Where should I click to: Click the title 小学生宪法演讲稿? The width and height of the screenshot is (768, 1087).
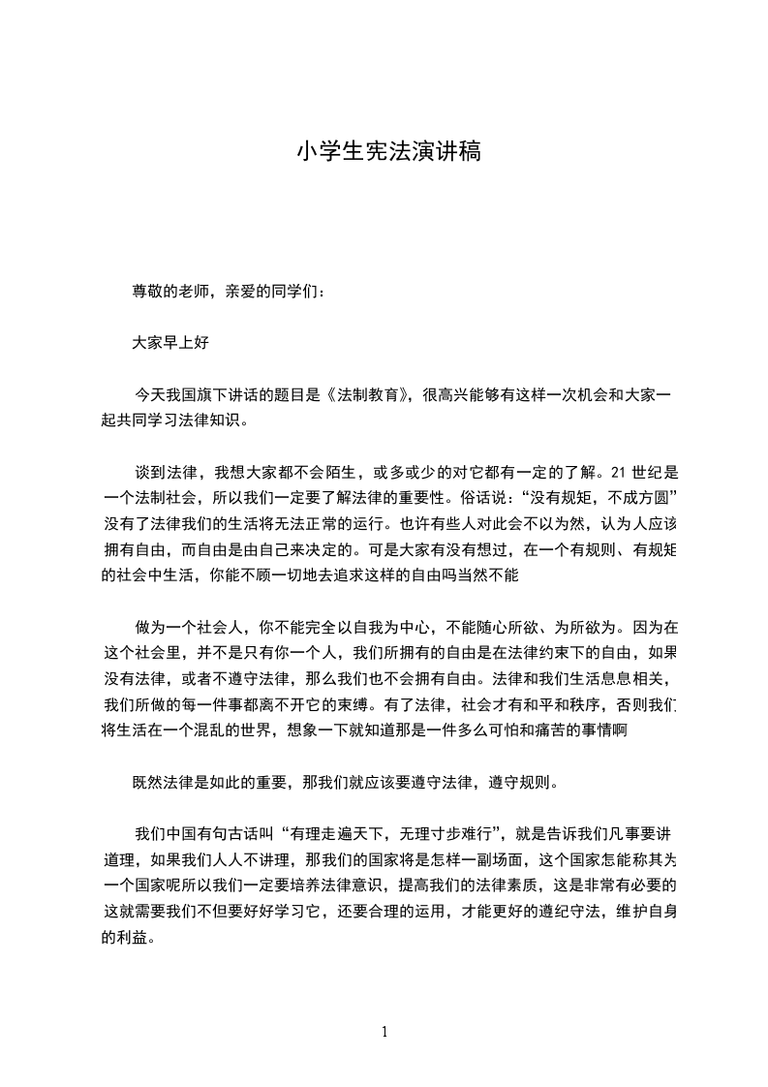pyautogui.click(x=388, y=152)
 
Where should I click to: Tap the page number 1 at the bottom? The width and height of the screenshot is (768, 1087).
pyautogui.click(x=384, y=1032)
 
